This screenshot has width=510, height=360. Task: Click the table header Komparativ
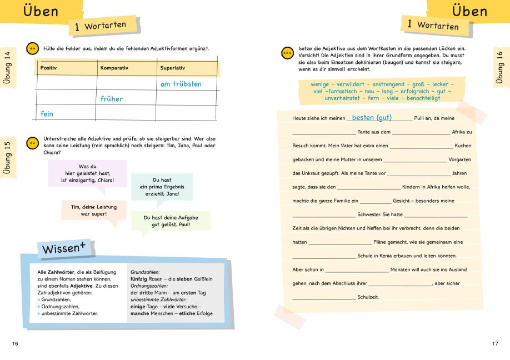[x=114, y=68]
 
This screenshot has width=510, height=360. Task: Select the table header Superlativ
[x=172, y=68]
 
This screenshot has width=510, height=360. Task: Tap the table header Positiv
[x=48, y=68]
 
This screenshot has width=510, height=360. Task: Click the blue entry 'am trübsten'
[x=181, y=84]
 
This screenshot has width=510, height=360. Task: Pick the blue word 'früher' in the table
[x=112, y=99]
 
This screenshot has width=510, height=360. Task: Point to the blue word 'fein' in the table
[x=47, y=114]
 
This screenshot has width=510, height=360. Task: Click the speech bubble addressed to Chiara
[x=88, y=173]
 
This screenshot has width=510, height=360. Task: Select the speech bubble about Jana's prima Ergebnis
[x=161, y=187]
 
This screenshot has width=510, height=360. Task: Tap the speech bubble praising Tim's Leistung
[x=93, y=210]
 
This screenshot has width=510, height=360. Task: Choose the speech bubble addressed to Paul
[x=171, y=221]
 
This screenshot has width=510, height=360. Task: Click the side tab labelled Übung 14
[x=7, y=67]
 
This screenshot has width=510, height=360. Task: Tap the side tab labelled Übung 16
[x=500, y=67]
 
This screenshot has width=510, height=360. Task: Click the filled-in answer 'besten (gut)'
[x=372, y=118]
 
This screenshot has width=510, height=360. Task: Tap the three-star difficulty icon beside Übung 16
[x=287, y=53]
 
